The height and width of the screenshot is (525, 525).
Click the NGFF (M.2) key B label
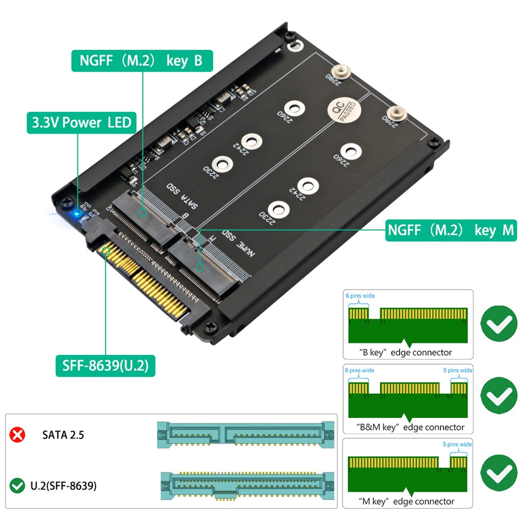tap(141, 61)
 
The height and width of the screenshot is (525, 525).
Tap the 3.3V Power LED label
tap(82, 123)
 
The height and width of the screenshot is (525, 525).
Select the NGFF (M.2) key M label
tap(450, 230)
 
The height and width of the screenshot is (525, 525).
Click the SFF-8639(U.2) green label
tap(105, 366)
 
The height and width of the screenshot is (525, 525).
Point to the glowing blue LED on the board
tap(77, 213)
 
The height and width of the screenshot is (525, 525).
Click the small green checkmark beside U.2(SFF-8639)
tap(17, 485)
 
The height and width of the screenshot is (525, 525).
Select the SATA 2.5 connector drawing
tap(246, 435)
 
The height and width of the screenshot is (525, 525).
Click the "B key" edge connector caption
tap(405, 353)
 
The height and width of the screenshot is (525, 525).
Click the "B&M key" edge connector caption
tap(410, 427)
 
